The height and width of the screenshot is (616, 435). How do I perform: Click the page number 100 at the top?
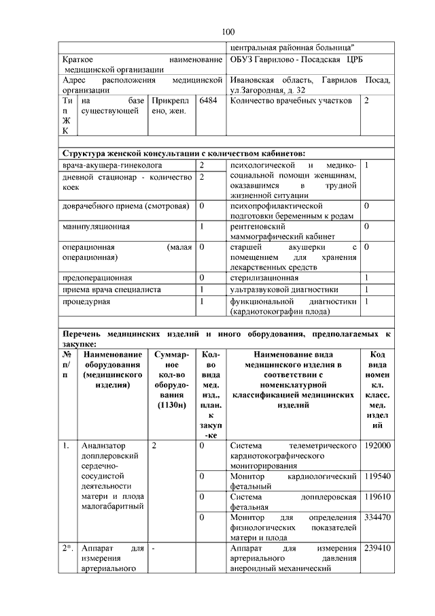pyautogui.click(x=228, y=32)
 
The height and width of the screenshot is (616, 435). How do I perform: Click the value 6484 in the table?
pyautogui.click(x=207, y=101)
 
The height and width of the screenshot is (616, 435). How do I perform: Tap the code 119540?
pyautogui.click(x=377, y=476)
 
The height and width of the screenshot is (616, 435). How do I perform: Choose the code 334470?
pyautogui.click(x=377, y=517)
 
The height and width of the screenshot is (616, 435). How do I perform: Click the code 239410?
pyautogui.click(x=377, y=548)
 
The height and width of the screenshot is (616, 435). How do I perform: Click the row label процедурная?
pyautogui.click(x=86, y=301)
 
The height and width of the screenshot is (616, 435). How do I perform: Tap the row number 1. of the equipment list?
pyautogui.click(x=66, y=446)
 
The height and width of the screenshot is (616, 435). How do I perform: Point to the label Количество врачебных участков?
pyautogui.click(x=291, y=101)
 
